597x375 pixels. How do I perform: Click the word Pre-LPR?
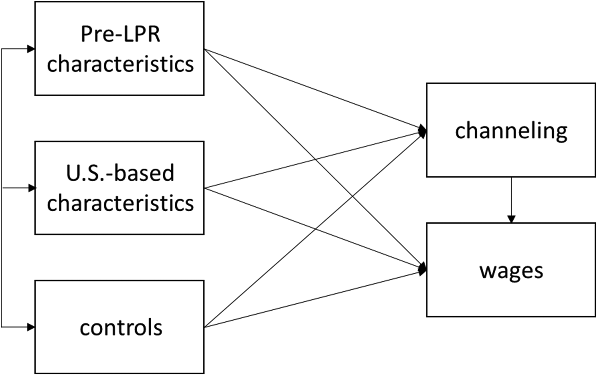(120, 34)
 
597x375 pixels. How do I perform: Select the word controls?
(121, 328)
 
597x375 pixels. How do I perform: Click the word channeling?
(511, 131)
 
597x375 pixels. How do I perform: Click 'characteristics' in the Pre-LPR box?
(120, 64)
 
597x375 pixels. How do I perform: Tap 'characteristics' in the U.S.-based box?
(120, 203)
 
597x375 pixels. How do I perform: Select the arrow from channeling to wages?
(511, 200)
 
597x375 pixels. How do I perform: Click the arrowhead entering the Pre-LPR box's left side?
(31, 49)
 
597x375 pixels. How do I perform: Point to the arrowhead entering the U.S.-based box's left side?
(32, 188)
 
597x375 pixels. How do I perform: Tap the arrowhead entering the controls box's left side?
(31, 327)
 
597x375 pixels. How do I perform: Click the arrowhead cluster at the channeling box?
(422, 131)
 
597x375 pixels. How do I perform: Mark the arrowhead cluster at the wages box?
(422, 269)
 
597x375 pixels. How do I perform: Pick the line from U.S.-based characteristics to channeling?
(315, 160)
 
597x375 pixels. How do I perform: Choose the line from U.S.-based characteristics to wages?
(315, 229)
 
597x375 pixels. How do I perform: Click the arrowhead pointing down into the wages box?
(511, 219)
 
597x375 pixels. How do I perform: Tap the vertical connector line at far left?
(1, 188)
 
